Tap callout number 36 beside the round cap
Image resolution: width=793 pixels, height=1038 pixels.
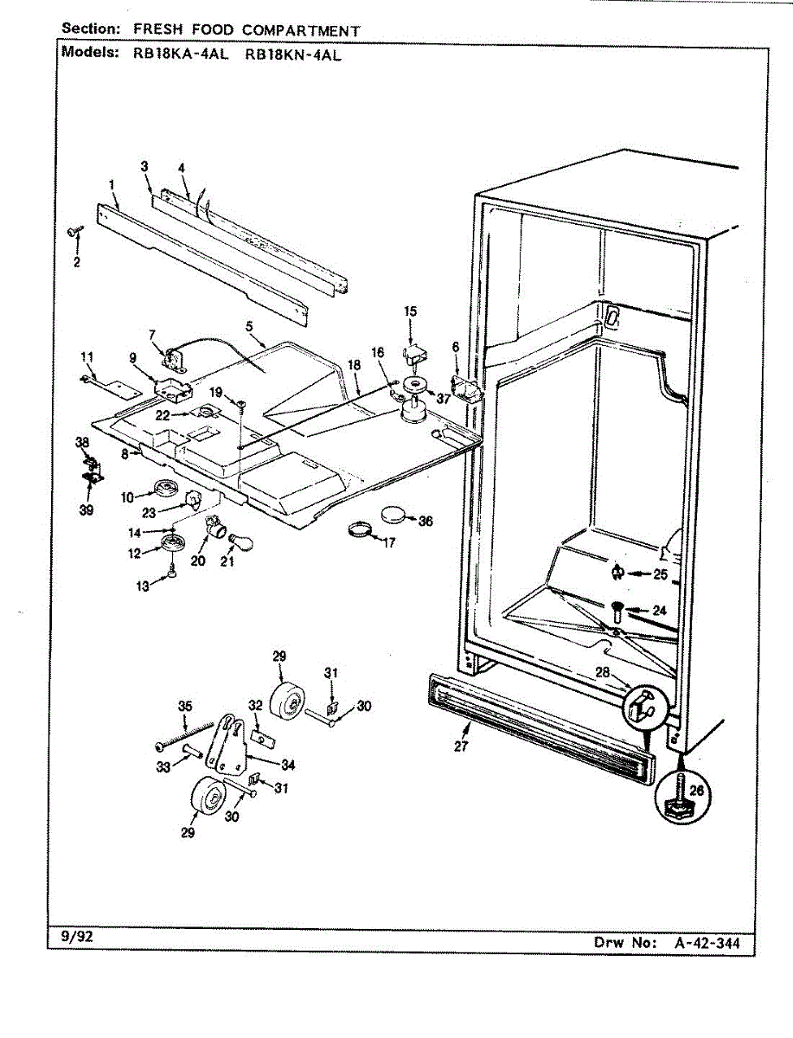425,522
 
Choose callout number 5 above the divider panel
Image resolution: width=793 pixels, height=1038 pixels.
249,327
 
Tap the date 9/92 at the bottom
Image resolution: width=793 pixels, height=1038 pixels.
68,936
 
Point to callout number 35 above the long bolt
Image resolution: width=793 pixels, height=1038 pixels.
184,707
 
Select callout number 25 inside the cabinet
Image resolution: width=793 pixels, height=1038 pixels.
661,573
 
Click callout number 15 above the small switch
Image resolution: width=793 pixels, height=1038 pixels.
410,311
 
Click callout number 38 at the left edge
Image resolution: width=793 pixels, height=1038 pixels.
83,442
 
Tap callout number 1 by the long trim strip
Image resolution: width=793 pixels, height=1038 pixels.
112,183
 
